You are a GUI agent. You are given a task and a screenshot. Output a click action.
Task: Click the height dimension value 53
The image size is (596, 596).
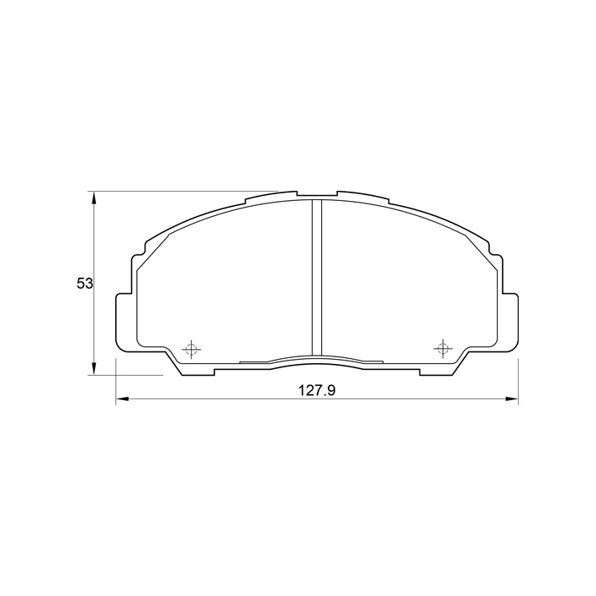85,283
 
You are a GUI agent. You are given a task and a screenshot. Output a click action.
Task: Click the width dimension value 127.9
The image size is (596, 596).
317,390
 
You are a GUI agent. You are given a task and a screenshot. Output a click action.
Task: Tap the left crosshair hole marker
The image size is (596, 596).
191,349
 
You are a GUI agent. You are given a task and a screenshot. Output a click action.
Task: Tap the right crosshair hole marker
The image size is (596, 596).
442,348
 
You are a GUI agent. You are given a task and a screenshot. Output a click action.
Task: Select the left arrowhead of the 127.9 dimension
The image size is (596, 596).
123,398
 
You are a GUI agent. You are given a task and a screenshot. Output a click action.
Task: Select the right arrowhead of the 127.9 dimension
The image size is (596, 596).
511,398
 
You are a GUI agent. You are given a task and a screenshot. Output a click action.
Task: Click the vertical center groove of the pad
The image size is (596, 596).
317,277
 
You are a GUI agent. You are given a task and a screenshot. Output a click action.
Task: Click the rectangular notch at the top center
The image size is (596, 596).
317,194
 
